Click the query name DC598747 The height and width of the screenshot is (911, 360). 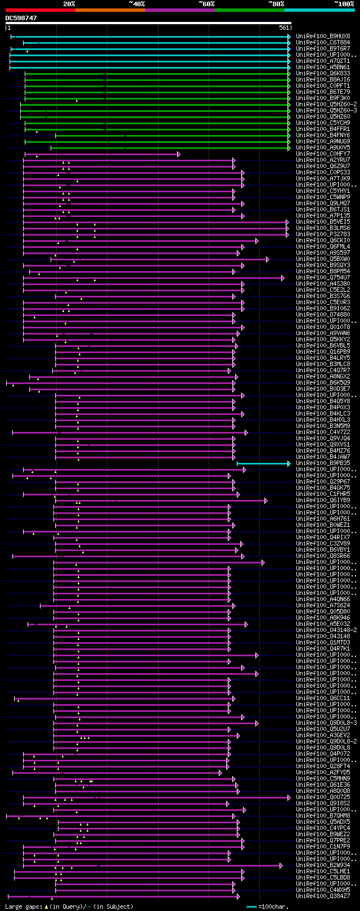(x=21, y=18)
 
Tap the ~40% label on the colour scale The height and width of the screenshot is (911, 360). (x=137, y=4)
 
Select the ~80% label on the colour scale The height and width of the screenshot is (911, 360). (x=276, y=4)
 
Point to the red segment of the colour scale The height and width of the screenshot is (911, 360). (x=40, y=10)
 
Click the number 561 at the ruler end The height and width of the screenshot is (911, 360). (x=283, y=28)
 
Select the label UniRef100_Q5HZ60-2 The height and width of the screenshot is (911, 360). (x=326, y=104)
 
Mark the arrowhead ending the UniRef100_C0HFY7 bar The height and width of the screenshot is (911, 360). (x=178, y=154)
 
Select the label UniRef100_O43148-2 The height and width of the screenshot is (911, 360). (x=326, y=630)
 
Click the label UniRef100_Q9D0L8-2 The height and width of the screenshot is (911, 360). (x=326, y=742)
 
